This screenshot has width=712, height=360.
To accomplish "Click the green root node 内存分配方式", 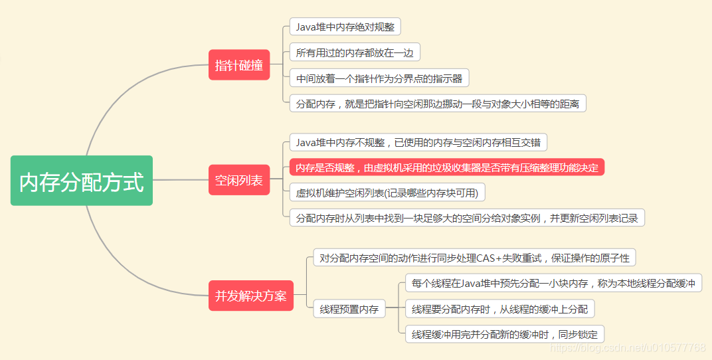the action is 82,181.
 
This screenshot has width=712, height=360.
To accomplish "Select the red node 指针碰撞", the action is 239,65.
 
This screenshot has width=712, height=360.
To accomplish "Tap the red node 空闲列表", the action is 239,180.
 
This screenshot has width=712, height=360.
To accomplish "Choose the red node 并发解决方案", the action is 250,296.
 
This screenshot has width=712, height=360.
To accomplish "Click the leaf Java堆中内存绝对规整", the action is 345,27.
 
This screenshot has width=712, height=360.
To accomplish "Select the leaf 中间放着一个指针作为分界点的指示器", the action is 379,78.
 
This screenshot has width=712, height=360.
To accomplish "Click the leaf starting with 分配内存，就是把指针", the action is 438,104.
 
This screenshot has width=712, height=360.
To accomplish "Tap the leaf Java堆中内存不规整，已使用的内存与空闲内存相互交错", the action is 418,142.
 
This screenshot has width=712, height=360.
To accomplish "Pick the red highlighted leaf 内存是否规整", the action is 447,167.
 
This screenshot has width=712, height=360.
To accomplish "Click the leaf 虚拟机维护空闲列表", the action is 388,193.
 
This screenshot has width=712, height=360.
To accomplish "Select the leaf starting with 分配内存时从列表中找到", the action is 467,218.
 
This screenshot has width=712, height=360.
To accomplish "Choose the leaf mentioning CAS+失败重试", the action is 474,258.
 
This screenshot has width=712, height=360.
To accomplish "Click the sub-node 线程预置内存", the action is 349,309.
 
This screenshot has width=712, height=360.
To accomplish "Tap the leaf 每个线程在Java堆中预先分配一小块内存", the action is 553,284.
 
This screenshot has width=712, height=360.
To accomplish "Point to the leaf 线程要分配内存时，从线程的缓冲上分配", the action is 499,309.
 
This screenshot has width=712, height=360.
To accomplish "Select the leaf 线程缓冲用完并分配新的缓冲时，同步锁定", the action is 505,334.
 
